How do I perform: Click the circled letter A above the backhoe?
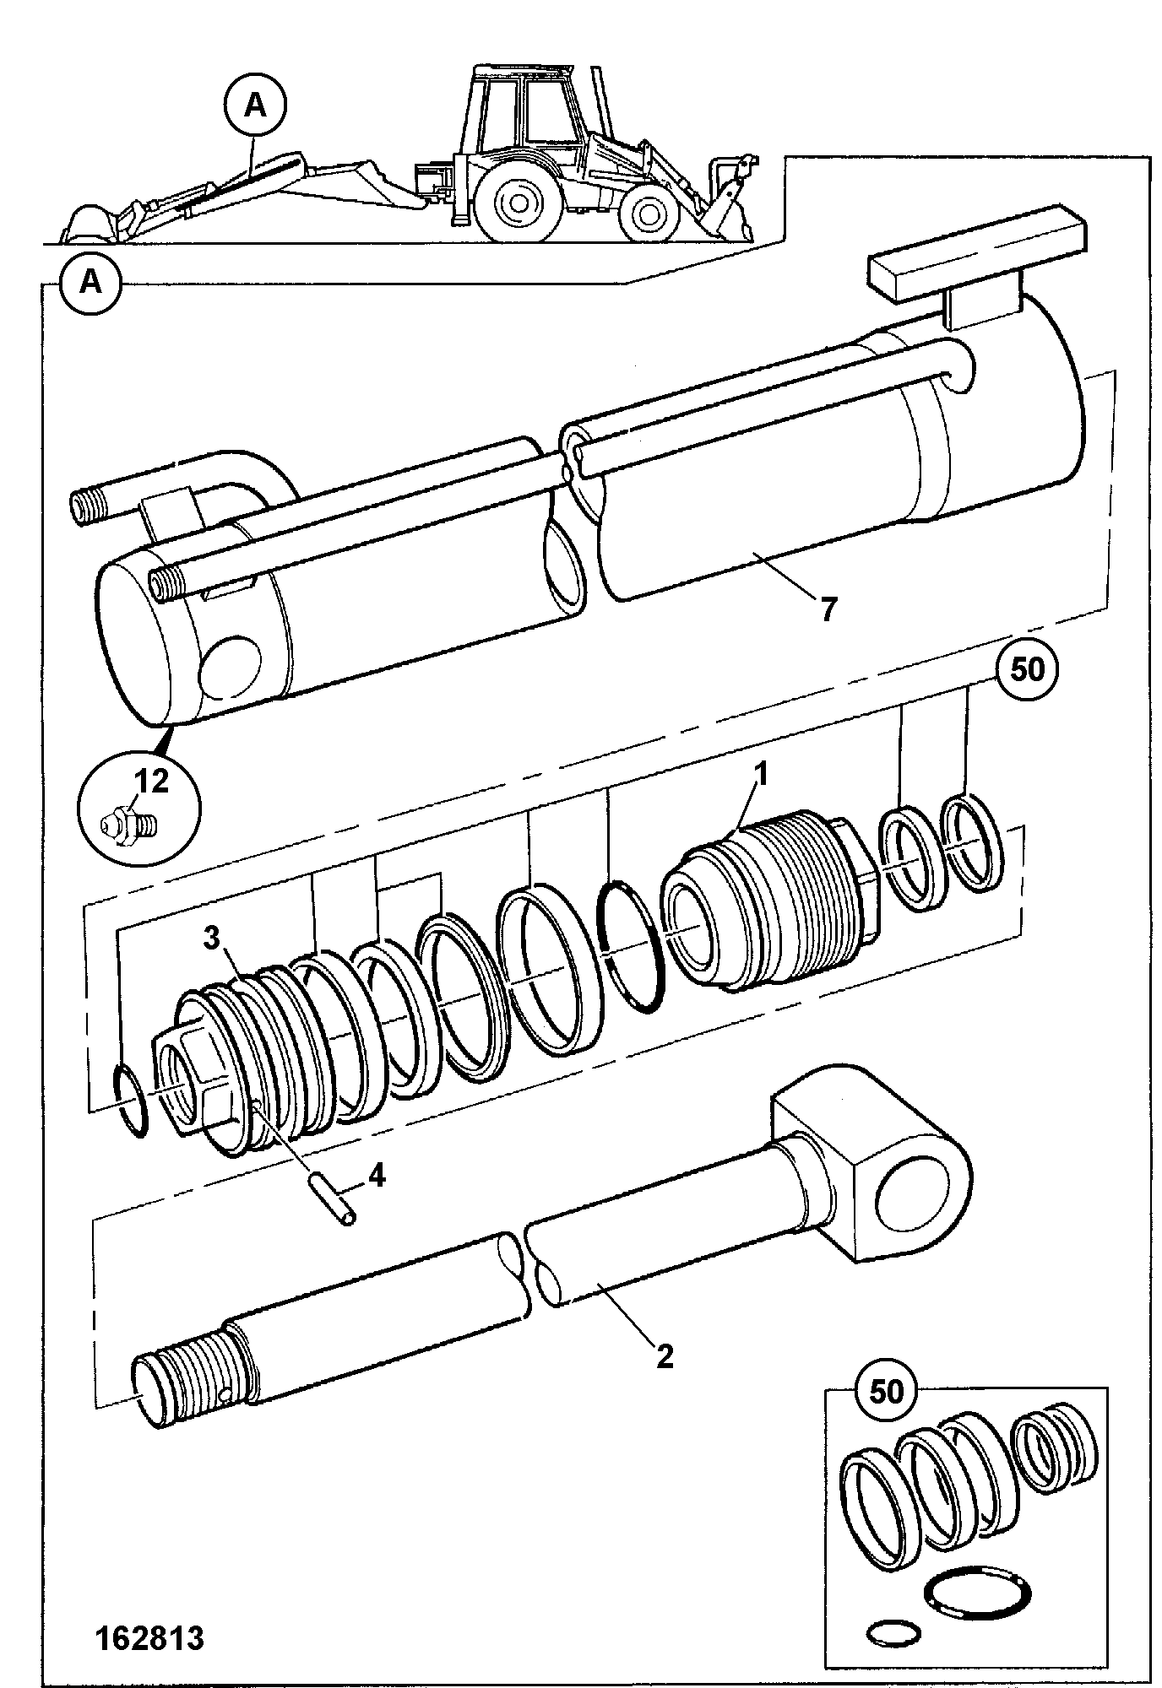256,106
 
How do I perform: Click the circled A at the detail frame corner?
90,281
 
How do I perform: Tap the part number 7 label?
828,609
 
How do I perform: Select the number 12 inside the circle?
152,782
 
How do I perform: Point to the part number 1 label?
761,774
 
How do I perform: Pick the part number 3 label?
212,938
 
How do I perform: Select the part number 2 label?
665,1356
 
